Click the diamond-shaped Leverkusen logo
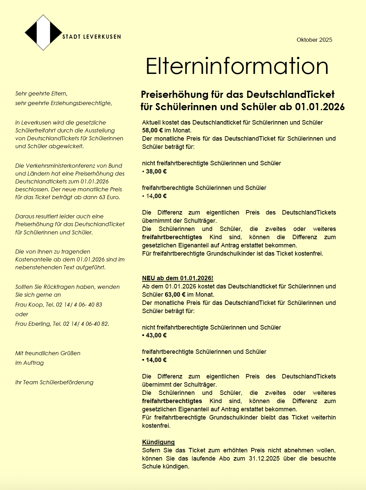coord(43,33)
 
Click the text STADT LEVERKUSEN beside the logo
coord(92,37)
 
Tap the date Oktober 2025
coord(314,40)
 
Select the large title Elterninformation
coord(237,66)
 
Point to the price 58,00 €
coord(153,130)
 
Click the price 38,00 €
coord(156,171)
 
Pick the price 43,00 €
coord(156,335)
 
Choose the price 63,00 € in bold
coord(175,295)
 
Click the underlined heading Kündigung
coord(158,442)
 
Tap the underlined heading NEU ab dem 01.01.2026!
coord(178,278)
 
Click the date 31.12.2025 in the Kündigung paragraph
coord(264,459)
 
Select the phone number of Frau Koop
coord(79,305)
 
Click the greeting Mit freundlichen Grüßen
coord(48,353)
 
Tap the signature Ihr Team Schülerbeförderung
coord(54,382)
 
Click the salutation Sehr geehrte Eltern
coord(41,93)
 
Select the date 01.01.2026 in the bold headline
coord(320,107)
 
